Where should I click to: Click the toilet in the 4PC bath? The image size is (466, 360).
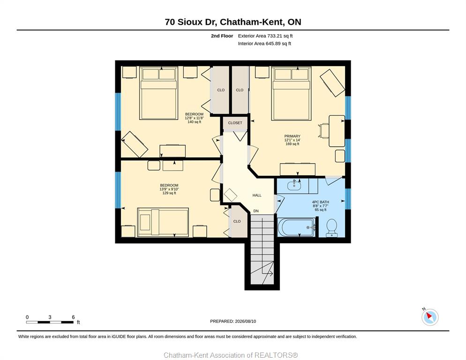[x=331, y=228]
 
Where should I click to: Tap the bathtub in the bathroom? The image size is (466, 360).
[x=296, y=227]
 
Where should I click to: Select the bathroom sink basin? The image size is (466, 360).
[x=294, y=186]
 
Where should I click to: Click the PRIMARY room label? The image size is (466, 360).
[x=292, y=136]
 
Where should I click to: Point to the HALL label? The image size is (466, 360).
[x=257, y=195]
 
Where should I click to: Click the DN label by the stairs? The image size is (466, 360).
[x=256, y=211]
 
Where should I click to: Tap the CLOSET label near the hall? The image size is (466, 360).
[x=235, y=123]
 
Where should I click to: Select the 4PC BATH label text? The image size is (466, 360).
[x=320, y=202]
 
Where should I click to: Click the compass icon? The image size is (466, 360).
[x=430, y=317]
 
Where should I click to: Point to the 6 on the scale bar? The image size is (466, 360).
[x=73, y=317]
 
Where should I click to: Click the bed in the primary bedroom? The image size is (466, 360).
[x=291, y=94]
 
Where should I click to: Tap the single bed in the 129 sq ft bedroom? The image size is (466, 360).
[x=163, y=222]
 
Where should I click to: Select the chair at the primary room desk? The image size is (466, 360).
[x=323, y=131]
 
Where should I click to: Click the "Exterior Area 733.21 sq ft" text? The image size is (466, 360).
[x=265, y=36]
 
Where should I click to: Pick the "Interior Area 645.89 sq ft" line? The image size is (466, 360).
[x=264, y=44]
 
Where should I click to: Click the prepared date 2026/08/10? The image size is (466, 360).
[x=246, y=322]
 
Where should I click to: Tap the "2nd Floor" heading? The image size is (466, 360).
[x=222, y=36]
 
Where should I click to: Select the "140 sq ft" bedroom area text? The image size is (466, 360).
[x=195, y=122]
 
